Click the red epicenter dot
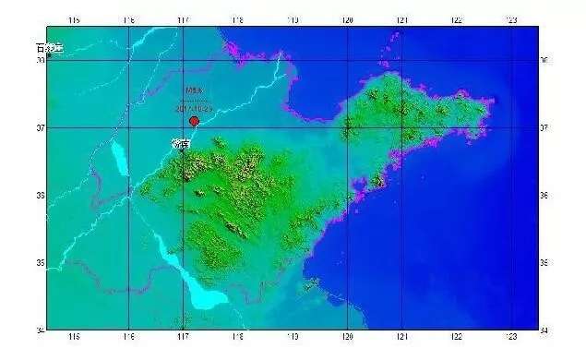click(194, 121)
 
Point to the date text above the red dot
click(194, 108)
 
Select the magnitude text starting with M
click(192, 90)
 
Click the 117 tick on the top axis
click(183, 19)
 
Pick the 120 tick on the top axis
click(347, 19)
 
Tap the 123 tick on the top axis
click(510, 19)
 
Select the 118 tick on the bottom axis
click(238, 336)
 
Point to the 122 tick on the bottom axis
click(456, 336)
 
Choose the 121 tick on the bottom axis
click(401, 336)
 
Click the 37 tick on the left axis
click(41, 127)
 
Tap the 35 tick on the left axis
click(41, 263)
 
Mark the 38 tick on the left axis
click(41, 60)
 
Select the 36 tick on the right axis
click(544, 196)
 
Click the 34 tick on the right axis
click(544, 330)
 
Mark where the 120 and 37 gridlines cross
click(347, 127)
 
